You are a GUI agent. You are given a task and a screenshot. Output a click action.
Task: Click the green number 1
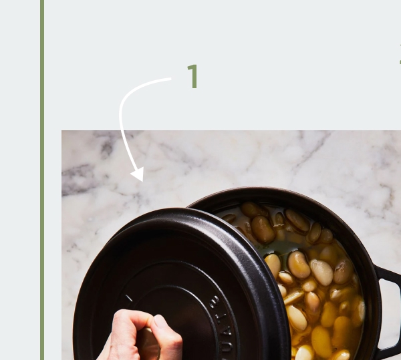click(x=192, y=77)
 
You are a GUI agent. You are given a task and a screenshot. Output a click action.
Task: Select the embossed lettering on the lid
click(x=224, y=321)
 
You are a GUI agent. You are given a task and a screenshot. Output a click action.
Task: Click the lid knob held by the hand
click(x=148, y=341)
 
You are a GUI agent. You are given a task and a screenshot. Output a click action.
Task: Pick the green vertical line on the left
click(x=42, y=180)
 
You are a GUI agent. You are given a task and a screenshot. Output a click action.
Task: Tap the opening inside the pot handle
click(x=390, y=314)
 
